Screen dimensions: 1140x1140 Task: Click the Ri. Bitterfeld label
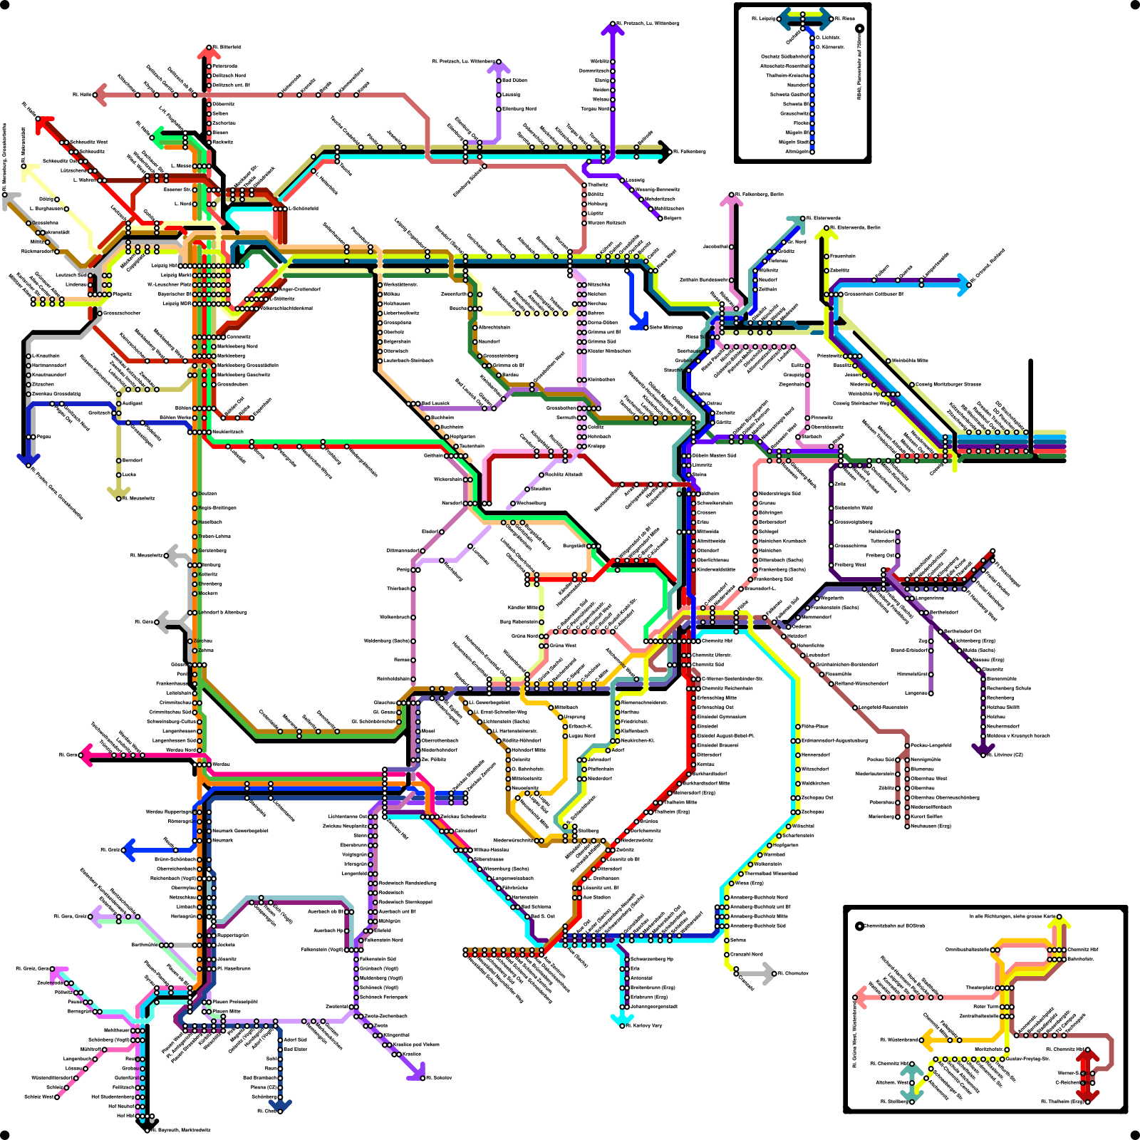point(227,47)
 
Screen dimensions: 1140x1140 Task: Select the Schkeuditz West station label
point(88,142)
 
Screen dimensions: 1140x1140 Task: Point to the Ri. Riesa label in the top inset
point(845,19)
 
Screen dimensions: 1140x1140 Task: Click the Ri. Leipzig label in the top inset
point(763,19)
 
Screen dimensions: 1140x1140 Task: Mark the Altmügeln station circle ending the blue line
point(812,151)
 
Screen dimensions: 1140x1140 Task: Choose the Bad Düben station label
point(515,81)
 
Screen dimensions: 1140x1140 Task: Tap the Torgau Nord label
point(594,109)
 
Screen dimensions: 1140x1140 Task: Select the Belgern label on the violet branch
point(673,218)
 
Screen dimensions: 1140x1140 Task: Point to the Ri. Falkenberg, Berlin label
point(760,194)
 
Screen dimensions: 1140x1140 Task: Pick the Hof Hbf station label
point(125,1116)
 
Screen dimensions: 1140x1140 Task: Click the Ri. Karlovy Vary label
point(644,1025)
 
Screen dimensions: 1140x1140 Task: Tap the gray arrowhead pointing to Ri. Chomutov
point(769,973)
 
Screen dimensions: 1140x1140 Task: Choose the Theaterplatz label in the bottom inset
point(980,988)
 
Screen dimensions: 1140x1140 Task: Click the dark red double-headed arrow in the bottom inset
point(1087,1073)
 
